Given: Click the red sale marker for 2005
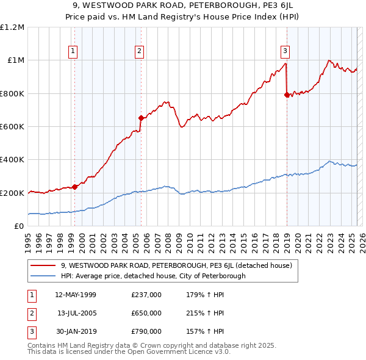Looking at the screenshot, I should [x=141, y=118].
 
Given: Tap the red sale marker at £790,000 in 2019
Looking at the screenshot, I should [x=287, y=95].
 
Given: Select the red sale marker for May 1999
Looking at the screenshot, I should [x=74, y=187].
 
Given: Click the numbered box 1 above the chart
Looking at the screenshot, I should [x=73, y=51].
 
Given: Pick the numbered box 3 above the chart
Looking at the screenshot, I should [x=285, y=51].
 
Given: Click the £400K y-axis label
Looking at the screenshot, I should [x=13, y=160].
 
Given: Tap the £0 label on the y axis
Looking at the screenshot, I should [x=18, y=226].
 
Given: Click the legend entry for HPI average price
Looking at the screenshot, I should [x=153, y=276].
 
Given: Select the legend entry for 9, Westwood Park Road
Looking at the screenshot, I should [x=177, y=265].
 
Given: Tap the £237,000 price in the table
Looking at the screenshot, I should [x=146, y=295].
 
